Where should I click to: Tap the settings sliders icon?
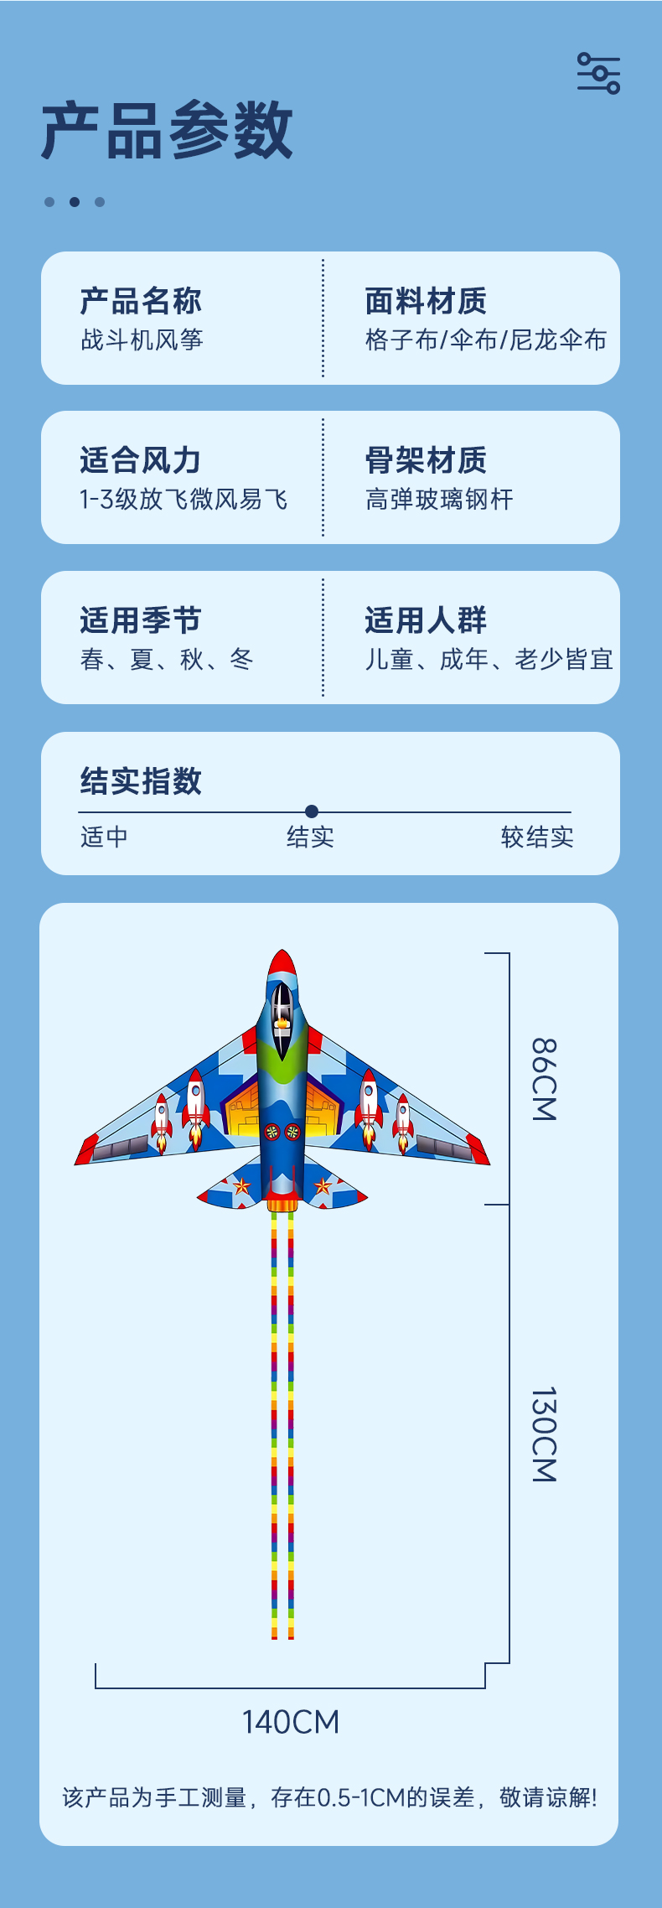coord(598,74)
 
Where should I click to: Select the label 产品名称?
coord(141,300)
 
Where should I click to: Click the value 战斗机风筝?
coord(142,340)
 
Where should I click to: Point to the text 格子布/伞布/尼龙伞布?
coord(485,340)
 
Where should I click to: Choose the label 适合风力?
coord(141,459)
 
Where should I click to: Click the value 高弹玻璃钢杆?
coord(438,500)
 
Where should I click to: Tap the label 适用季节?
coord(141,620)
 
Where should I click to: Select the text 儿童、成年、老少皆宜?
coord(489,660)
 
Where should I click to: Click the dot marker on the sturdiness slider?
coord(312,811)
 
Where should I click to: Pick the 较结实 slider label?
coord(537,837)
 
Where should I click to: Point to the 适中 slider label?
coord(104,837)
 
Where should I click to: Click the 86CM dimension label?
coord(544,1079)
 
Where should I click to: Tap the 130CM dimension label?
coord(544,1434)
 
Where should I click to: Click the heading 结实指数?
coord(141,780)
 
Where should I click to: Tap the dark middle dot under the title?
coord(75,202)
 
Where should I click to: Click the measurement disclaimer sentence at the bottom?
coord(329,1798)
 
